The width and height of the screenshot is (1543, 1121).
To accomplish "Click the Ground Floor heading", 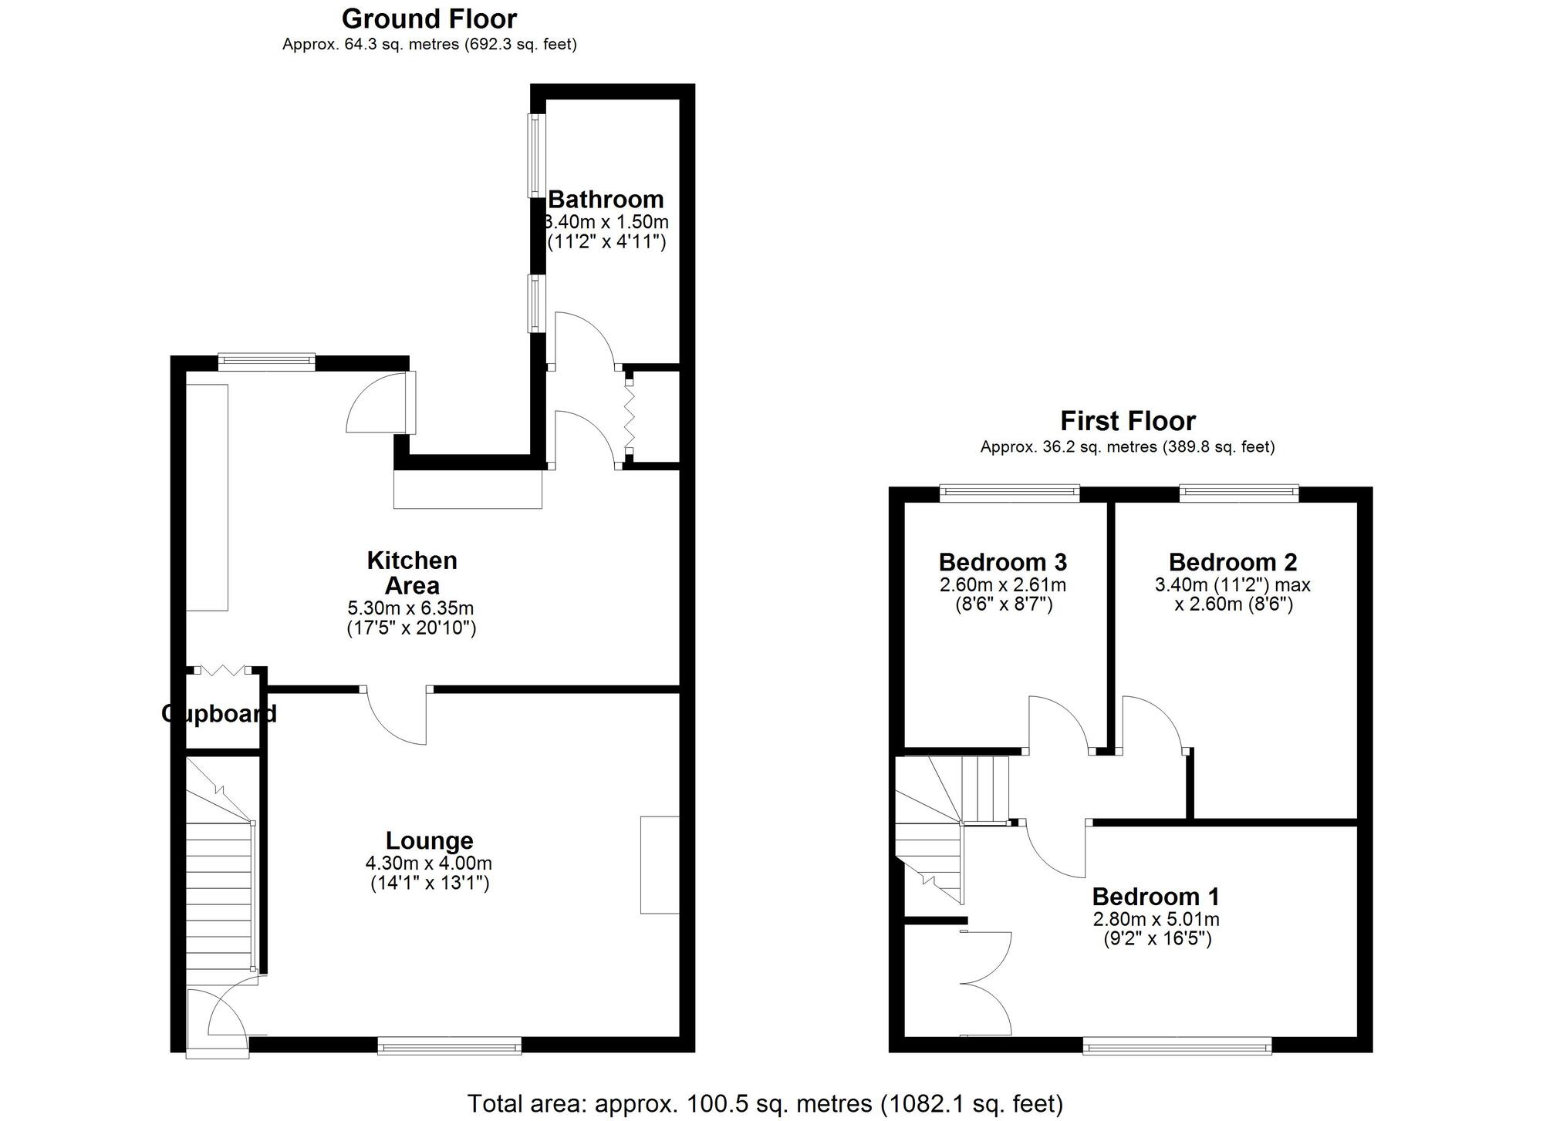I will pos(429,19).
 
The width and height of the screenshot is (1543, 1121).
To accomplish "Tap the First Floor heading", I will pos(1127,421).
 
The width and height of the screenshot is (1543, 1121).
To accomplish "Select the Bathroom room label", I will pos(606,200).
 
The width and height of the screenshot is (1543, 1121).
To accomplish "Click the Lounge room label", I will pos(429,840).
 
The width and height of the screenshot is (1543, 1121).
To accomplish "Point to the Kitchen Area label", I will pos(411,572).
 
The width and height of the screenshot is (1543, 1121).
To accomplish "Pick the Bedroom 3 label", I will pos(1002,561).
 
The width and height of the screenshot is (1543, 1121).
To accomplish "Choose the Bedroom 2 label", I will pos(1232,561).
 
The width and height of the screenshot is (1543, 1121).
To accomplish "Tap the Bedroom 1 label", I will pos(1155,897).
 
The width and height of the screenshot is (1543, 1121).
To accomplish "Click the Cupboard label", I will pos(219,714).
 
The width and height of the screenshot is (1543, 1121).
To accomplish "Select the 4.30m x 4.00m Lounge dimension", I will pos(429,863).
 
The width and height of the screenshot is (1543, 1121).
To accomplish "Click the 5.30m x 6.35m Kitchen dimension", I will pos(410,608).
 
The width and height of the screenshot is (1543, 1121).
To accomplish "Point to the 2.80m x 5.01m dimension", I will pos(1155,919).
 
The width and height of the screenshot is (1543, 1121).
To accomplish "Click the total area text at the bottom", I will pos(765,1103).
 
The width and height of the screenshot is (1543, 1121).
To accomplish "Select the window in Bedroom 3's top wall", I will pos(1009,493).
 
